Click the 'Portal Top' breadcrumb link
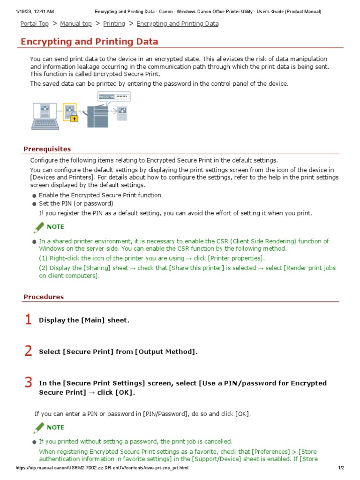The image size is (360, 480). tap(34, 23)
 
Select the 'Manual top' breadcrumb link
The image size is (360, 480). tap(76, 23)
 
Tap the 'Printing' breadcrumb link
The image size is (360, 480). tap(114, 23)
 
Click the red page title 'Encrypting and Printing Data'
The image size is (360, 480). tap(89, 42)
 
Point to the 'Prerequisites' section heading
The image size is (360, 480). tap(47, 149)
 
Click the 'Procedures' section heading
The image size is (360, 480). tap(44, 297)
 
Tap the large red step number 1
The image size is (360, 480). tap(28, 320)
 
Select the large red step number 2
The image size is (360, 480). tap(28, 351)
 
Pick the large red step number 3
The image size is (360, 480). tap(28, 382)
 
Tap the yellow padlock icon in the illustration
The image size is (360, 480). tap(74, 119)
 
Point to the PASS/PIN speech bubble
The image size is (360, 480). tap(113, 97)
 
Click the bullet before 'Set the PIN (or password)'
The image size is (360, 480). tap(34, 204)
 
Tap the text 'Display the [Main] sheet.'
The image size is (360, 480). tap(84, 320)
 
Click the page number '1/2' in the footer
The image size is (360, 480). tap(341, 468)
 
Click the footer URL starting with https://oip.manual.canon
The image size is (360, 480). tap(102, 468)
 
